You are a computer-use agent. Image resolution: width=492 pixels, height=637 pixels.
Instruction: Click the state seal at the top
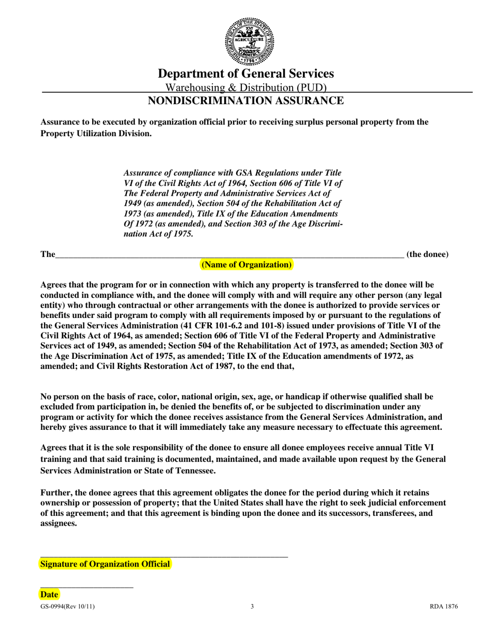coord(249,40)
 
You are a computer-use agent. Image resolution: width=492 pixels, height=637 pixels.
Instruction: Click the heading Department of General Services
coord(245,74)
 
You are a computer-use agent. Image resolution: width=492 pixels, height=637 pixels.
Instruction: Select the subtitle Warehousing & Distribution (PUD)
coord(245,88)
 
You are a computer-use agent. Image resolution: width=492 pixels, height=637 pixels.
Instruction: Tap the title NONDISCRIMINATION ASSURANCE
coord(245,100)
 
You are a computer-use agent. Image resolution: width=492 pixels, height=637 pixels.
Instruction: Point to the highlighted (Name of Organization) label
coord(247,265)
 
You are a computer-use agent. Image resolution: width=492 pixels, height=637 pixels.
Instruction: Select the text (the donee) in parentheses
coord(427,254)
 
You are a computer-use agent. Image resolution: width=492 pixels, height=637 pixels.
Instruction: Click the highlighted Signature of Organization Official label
coord(105,564)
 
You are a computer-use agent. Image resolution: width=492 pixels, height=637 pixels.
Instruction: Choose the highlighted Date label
coord(50,595)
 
